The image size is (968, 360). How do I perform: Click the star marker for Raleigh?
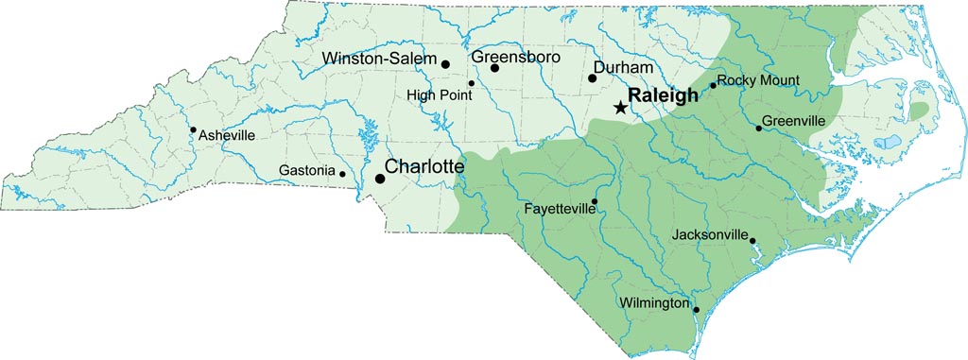pyautogui.click(x=619, y=108)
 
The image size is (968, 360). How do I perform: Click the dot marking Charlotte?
pyautogui.click(x=380, y=178)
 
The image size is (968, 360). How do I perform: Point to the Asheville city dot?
pyautogui.click(x=193, y=130)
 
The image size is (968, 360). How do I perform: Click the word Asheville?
pyautogui.click(x=227, y=136)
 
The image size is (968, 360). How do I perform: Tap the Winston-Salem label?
pyautogui.click(x=379, y=59)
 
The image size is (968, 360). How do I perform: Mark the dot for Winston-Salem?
pyautogui.click(x=445, y=64)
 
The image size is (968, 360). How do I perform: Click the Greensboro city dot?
pyautogui.click(x=494, y=68)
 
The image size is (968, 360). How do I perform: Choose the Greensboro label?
pyautogui.click(x=515, y=57)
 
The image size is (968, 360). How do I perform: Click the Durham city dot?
pyautogui.click(x=593, y=78)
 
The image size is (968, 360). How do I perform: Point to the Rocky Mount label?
pyautogui.click(x=758, y=80)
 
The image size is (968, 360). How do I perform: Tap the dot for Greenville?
pyautogui.click(x=758, y=129)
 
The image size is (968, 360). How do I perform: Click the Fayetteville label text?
pyautogui.click(x=559, y=209)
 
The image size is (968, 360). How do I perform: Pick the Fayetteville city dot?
pyautogui.click(x=595, y=201)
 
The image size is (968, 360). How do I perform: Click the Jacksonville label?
pyautogui.click(x=710, y=234)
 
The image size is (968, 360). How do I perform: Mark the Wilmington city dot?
pyautogui.click(x=696, y=310)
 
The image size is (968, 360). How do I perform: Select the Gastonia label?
pyautogui.click(x=307, y=171)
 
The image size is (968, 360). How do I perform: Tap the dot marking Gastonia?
pyautogui.click(x=342, y=174)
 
